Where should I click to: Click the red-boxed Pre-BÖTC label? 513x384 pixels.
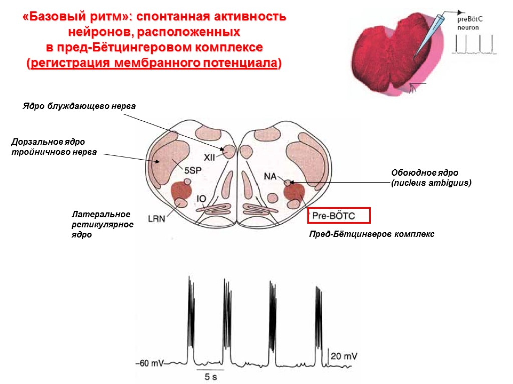click(338, 215)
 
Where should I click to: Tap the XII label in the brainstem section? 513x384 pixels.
click(209, 156)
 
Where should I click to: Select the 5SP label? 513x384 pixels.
click(193, 170)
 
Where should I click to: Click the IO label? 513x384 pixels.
click(201, 199)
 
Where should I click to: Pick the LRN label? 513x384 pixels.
click(156, 218)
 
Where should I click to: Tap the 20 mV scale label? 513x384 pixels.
click(344, 356)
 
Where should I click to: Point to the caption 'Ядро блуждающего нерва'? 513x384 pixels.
click(79, 106)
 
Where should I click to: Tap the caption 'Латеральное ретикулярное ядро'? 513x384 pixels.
click(102, 224)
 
